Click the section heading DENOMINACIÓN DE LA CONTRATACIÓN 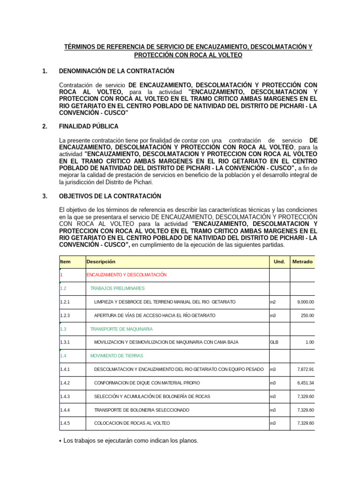click(x=116, y=71)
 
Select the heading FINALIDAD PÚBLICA click(x=89, y=127)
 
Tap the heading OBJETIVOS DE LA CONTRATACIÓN click(x=110, y=196)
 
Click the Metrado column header click(x=302, y=262)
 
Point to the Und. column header click(x=279, y=262)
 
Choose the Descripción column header click(x=101, y=262)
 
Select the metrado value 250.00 click(x=307, y=316)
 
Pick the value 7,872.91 click(x=305, y=370)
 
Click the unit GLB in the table click(x=274, y=343)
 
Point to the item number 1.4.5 click(x=65, y=424)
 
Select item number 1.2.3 click(x=65, y=316)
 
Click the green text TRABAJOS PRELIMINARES click(x=117, y=289)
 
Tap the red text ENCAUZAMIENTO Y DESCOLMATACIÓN click(x=126, y=275)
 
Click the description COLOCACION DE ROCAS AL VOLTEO click(x=132, y=424)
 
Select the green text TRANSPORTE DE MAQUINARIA click(x=121, y=330)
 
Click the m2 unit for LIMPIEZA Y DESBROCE click(x=273, y=302)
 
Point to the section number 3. click(x=45, y=196)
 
